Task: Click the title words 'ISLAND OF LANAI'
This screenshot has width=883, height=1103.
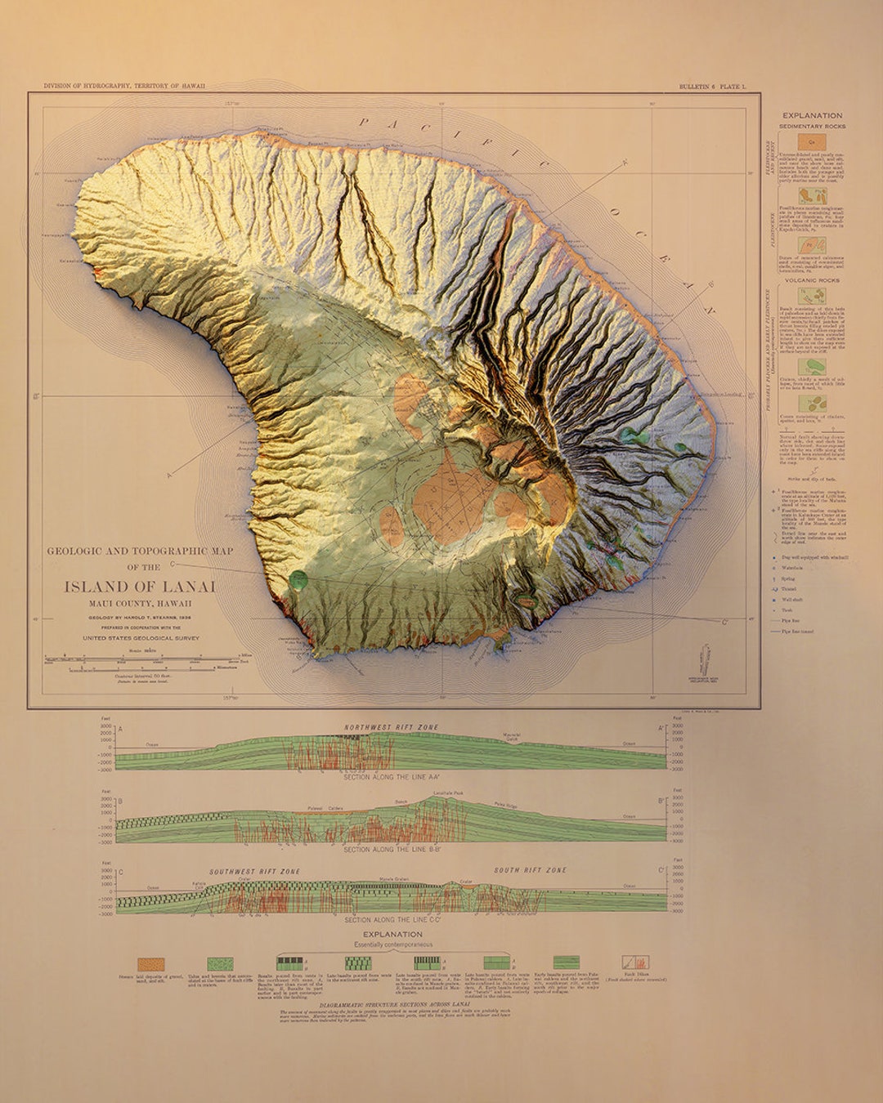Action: coord(140,587)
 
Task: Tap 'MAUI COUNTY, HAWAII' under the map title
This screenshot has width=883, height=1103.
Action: coord(140,604)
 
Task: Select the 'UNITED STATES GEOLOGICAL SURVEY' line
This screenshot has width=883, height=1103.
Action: coord(141,638)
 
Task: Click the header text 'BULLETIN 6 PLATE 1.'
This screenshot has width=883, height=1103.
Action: coord(712,87)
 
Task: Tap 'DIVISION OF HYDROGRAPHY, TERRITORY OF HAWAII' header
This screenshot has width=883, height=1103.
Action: coord(124,86)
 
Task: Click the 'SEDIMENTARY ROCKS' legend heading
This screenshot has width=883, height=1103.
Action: coord(812,127)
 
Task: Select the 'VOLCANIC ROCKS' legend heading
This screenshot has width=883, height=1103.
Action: coord(812,280)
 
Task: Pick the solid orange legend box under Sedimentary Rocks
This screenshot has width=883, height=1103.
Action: coord(812,142)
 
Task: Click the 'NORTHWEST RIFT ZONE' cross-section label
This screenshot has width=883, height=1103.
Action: coord(391,727)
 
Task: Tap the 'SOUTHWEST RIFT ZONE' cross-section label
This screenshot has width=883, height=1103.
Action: coord(254,872)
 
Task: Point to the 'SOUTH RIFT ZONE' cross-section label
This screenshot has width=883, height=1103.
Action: coord(530,871)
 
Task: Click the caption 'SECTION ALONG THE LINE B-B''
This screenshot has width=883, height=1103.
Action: coord(392,850)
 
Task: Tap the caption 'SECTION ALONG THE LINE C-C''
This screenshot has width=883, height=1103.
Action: coord(392,920)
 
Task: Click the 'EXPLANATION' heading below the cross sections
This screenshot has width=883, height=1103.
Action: coord(392,934)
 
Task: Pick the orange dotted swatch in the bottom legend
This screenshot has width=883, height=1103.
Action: coord(151,964)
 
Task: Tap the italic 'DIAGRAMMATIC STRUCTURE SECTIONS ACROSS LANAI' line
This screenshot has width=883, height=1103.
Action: coord(392,1004)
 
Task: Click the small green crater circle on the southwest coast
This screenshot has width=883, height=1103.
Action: coord(299,579)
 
